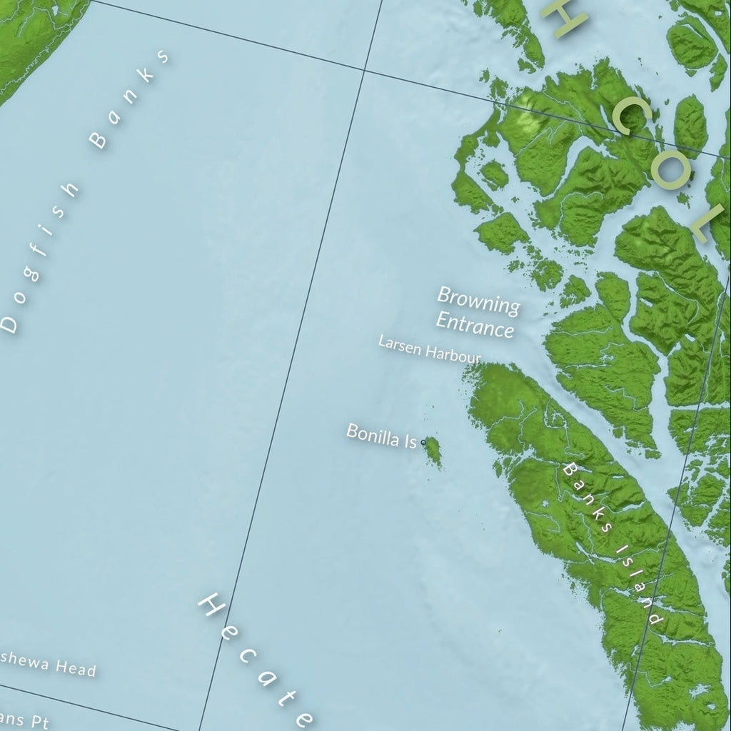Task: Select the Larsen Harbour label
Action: pyautogui.click(x=429, y=349)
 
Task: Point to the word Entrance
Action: pyautogui.click(x=475, y=324)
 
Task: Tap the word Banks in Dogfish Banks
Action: pyautogui.click(x=131, y=99)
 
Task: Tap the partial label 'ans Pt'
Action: pyautogui.click(x=25, y=719)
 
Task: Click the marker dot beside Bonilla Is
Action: pyautogui.click(x=423, y=443)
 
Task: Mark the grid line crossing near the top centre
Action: pyautogui.click(x=365, y=71)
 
